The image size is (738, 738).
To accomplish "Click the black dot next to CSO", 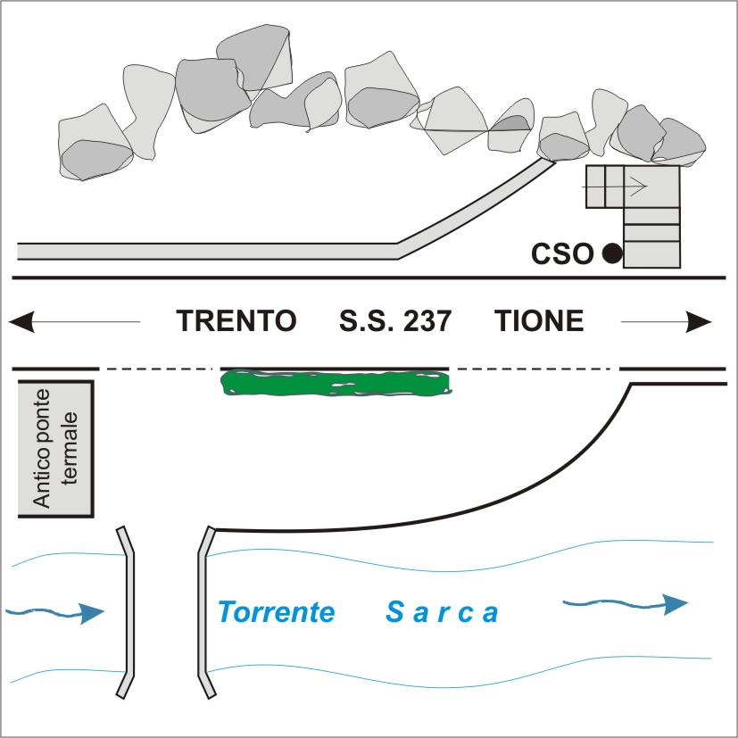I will pyautogui.click(x=611, y=254).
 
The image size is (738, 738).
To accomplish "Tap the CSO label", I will pyautogui.click(x=562, y=255).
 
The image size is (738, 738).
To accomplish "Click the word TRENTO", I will pyautogui.click(x=236, y=321).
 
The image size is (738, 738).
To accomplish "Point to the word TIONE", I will pyautogui.click(x=539, y=321).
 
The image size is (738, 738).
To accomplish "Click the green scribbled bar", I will pyautogui.click(x=336, y=384).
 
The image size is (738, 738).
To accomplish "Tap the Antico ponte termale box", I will pyautogui.click(x=56, y=449).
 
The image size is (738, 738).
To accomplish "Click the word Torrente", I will pyautogui.click(x=277, y=613).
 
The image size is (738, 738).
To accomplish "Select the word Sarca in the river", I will pyautogui.click(x=442, y=613).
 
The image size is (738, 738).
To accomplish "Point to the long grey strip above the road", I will pyautogui.click(x=205, y=250).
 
